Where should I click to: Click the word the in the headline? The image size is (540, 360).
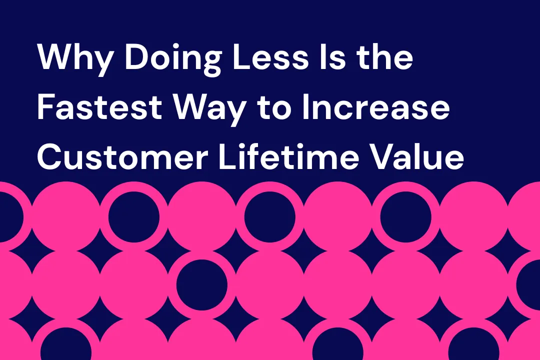[x=385, y=58]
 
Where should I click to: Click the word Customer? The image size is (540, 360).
[x=122, y=158]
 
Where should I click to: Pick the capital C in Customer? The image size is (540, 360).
[x=52, y=158]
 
